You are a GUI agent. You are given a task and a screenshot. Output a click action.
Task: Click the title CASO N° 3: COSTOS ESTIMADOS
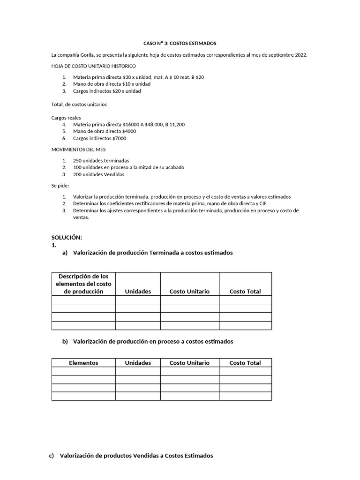pyautogui.click(x=180, y=43)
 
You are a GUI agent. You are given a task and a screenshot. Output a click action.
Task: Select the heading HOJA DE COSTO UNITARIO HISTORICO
pyautogui.click(x=93, y=66)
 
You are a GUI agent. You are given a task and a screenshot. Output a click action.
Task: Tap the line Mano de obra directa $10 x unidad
pyautogui.click(x=112, y=84)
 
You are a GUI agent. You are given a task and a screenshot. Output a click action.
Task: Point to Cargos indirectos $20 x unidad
pyautogui.click(x=107, y=91)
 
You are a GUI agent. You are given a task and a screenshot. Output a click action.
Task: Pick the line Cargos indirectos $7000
pyautogui.click(x=99, y=139)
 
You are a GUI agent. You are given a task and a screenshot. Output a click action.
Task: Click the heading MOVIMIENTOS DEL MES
pyautogui.click(x=78, y=150)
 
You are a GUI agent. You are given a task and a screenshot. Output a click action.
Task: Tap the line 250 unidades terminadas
pyautogui.click(x=101, y=160)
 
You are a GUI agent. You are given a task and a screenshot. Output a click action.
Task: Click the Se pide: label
pyautogui.click(x=60, y=186)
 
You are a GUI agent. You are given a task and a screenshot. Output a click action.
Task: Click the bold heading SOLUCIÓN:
pyautogui.click(x=67, y=238)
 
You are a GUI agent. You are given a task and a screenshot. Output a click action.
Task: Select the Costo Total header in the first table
pyautogui.click(x=245, y=292)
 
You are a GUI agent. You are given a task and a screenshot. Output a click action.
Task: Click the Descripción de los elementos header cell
pyautogui.click(x=83, y=284)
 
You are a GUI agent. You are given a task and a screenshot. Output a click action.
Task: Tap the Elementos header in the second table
pyautogui.click(x=83, y=363)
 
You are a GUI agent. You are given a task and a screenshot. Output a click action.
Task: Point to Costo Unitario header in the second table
pyautogui.click(x=189, y=363)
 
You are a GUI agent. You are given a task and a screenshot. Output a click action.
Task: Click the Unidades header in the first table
pyautogui.click(x=138, y=292)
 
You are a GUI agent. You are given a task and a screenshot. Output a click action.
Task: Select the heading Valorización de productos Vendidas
pyautogui.click(x=136, y=456)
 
